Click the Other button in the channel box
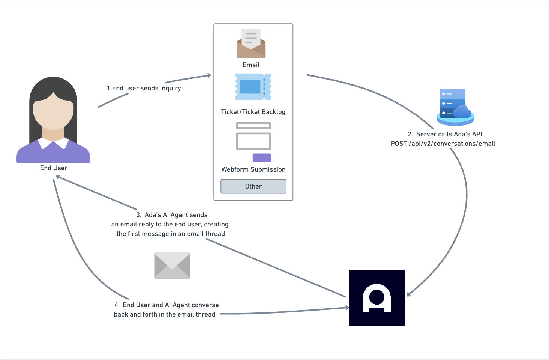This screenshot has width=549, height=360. pos(253,186)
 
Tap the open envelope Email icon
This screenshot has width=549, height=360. pos(251,43)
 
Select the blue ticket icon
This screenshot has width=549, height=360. pos(253,87)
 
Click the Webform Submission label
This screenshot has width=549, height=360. pos(253,169)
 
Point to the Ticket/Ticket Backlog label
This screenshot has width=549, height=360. pos(253,112)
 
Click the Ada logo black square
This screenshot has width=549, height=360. pos(376,298)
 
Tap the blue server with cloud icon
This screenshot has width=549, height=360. pos(455,107)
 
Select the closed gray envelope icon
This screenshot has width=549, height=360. pos(172,265)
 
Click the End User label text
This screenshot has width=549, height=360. pos(54,168)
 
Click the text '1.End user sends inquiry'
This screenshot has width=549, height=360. pos(144,88)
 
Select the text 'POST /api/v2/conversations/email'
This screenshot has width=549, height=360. pos(443,144)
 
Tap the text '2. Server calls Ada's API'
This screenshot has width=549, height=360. pos(445,134)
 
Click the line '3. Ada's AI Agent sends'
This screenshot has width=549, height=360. pos(172,215)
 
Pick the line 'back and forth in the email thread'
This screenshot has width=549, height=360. pos(165,314)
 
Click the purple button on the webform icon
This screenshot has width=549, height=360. pos(262,158)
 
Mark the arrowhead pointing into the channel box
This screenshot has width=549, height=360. pos(209,75)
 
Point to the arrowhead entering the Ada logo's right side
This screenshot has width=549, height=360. pos(408,294)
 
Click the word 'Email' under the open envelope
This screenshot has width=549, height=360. pos(251,65)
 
